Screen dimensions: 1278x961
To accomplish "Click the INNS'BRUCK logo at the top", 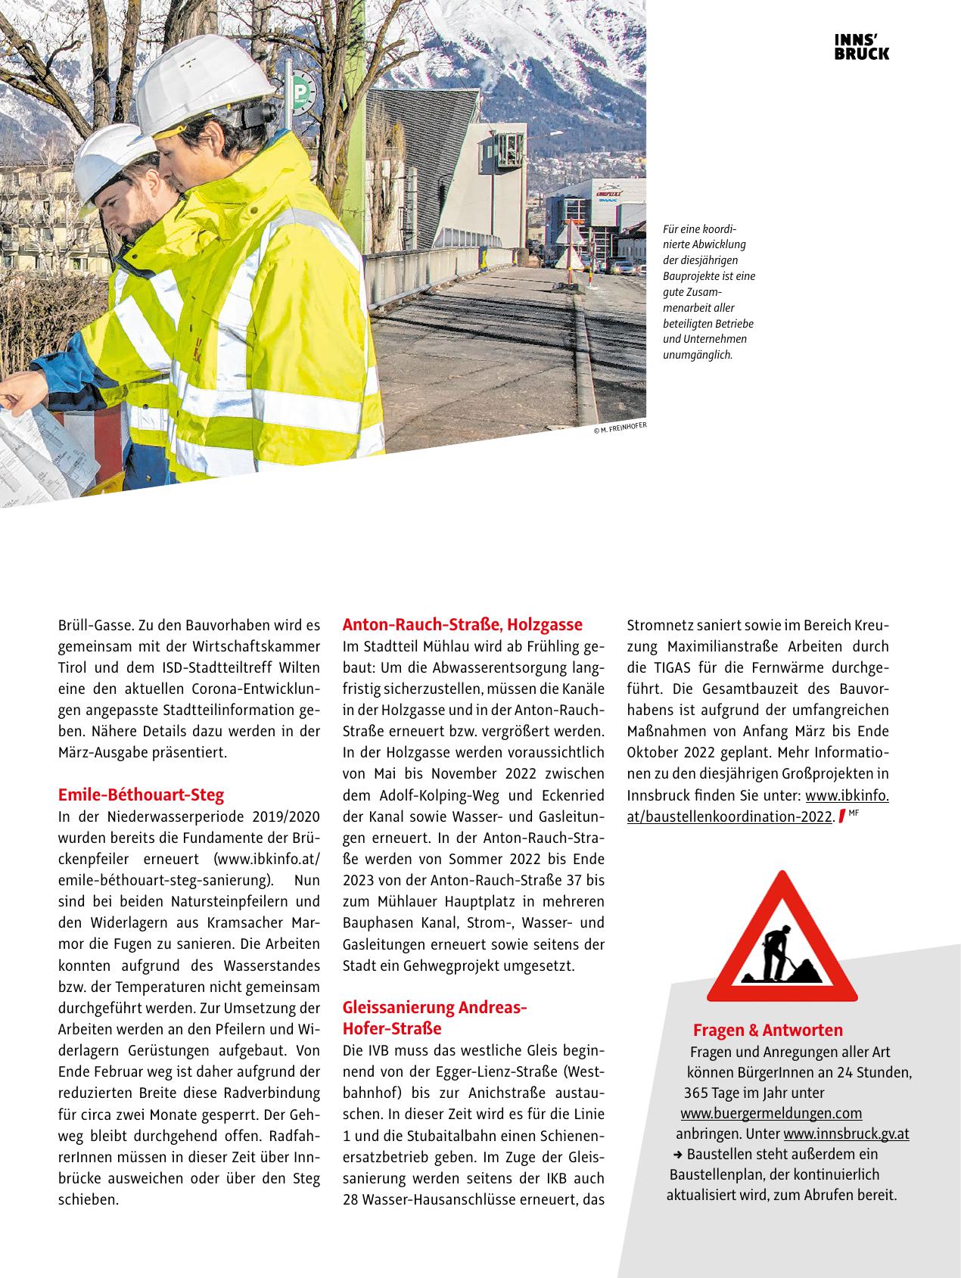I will pyautogui.click(x=861, y=47).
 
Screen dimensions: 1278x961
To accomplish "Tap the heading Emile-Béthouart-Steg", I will pyautogui.click(x=141, y=795).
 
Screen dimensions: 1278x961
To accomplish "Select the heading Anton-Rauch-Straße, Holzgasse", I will pyautogui.click(x=462, y=625).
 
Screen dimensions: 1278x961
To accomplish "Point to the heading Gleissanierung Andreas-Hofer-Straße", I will pyautogui.click(x=434, y=1018).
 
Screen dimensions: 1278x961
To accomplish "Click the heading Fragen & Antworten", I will pyautogui.click(x=767, y=1030).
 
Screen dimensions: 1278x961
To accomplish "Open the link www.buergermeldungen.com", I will pyautogui.click(x=771, y=1113).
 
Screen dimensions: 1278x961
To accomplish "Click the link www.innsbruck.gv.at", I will pyautogui.click(x=846, y=1133).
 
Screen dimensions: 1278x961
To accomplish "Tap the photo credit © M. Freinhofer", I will pyautogui.click(x=620, y=428).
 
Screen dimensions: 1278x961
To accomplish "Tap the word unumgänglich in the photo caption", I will pyautogui.click(x=697, y=354).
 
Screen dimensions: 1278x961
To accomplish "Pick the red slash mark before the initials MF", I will pyautogui.click(x=841, y=817).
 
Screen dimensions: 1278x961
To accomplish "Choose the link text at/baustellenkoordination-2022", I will pyautogui.click(x=729, y=817).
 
